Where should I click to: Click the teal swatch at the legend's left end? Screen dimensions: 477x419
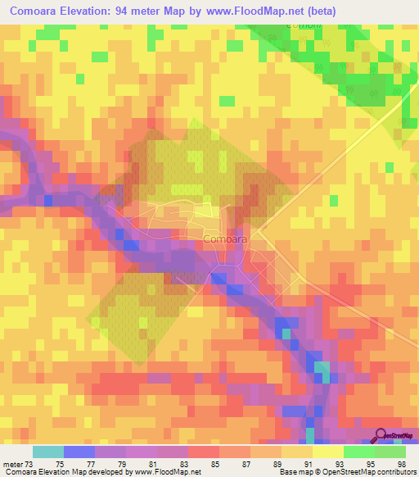click(48, 452)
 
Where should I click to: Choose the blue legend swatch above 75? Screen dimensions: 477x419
click(79, 452)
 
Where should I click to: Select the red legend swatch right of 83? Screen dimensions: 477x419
click(204, 452)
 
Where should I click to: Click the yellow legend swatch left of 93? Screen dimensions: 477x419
click(328, 452)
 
